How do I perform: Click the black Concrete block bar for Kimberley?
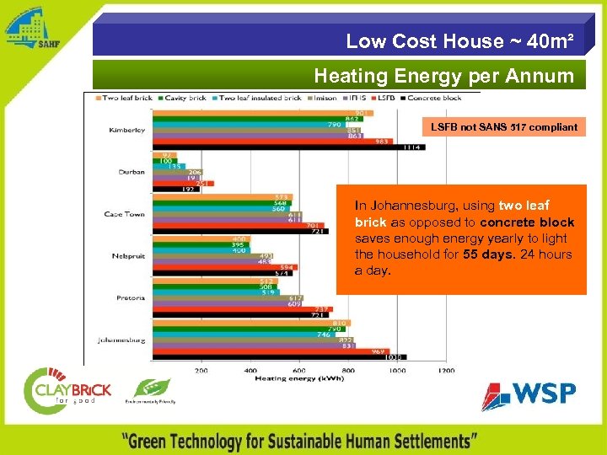pos(287,147)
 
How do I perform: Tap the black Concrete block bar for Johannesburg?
pos(278,357)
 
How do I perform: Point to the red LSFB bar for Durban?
pos(182,184)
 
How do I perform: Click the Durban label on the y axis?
pos(131,172)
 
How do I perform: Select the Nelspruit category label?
pos(128,255)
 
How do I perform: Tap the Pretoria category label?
pos(130,297)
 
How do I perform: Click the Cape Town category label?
pos(125,214)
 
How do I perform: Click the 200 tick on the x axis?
pos(201,371)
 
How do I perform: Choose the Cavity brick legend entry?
pos(185,99)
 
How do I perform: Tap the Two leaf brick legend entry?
pos(126,99)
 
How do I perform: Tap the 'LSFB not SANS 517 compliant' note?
pos(504,127)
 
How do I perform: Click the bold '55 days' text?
pos(485,254)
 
